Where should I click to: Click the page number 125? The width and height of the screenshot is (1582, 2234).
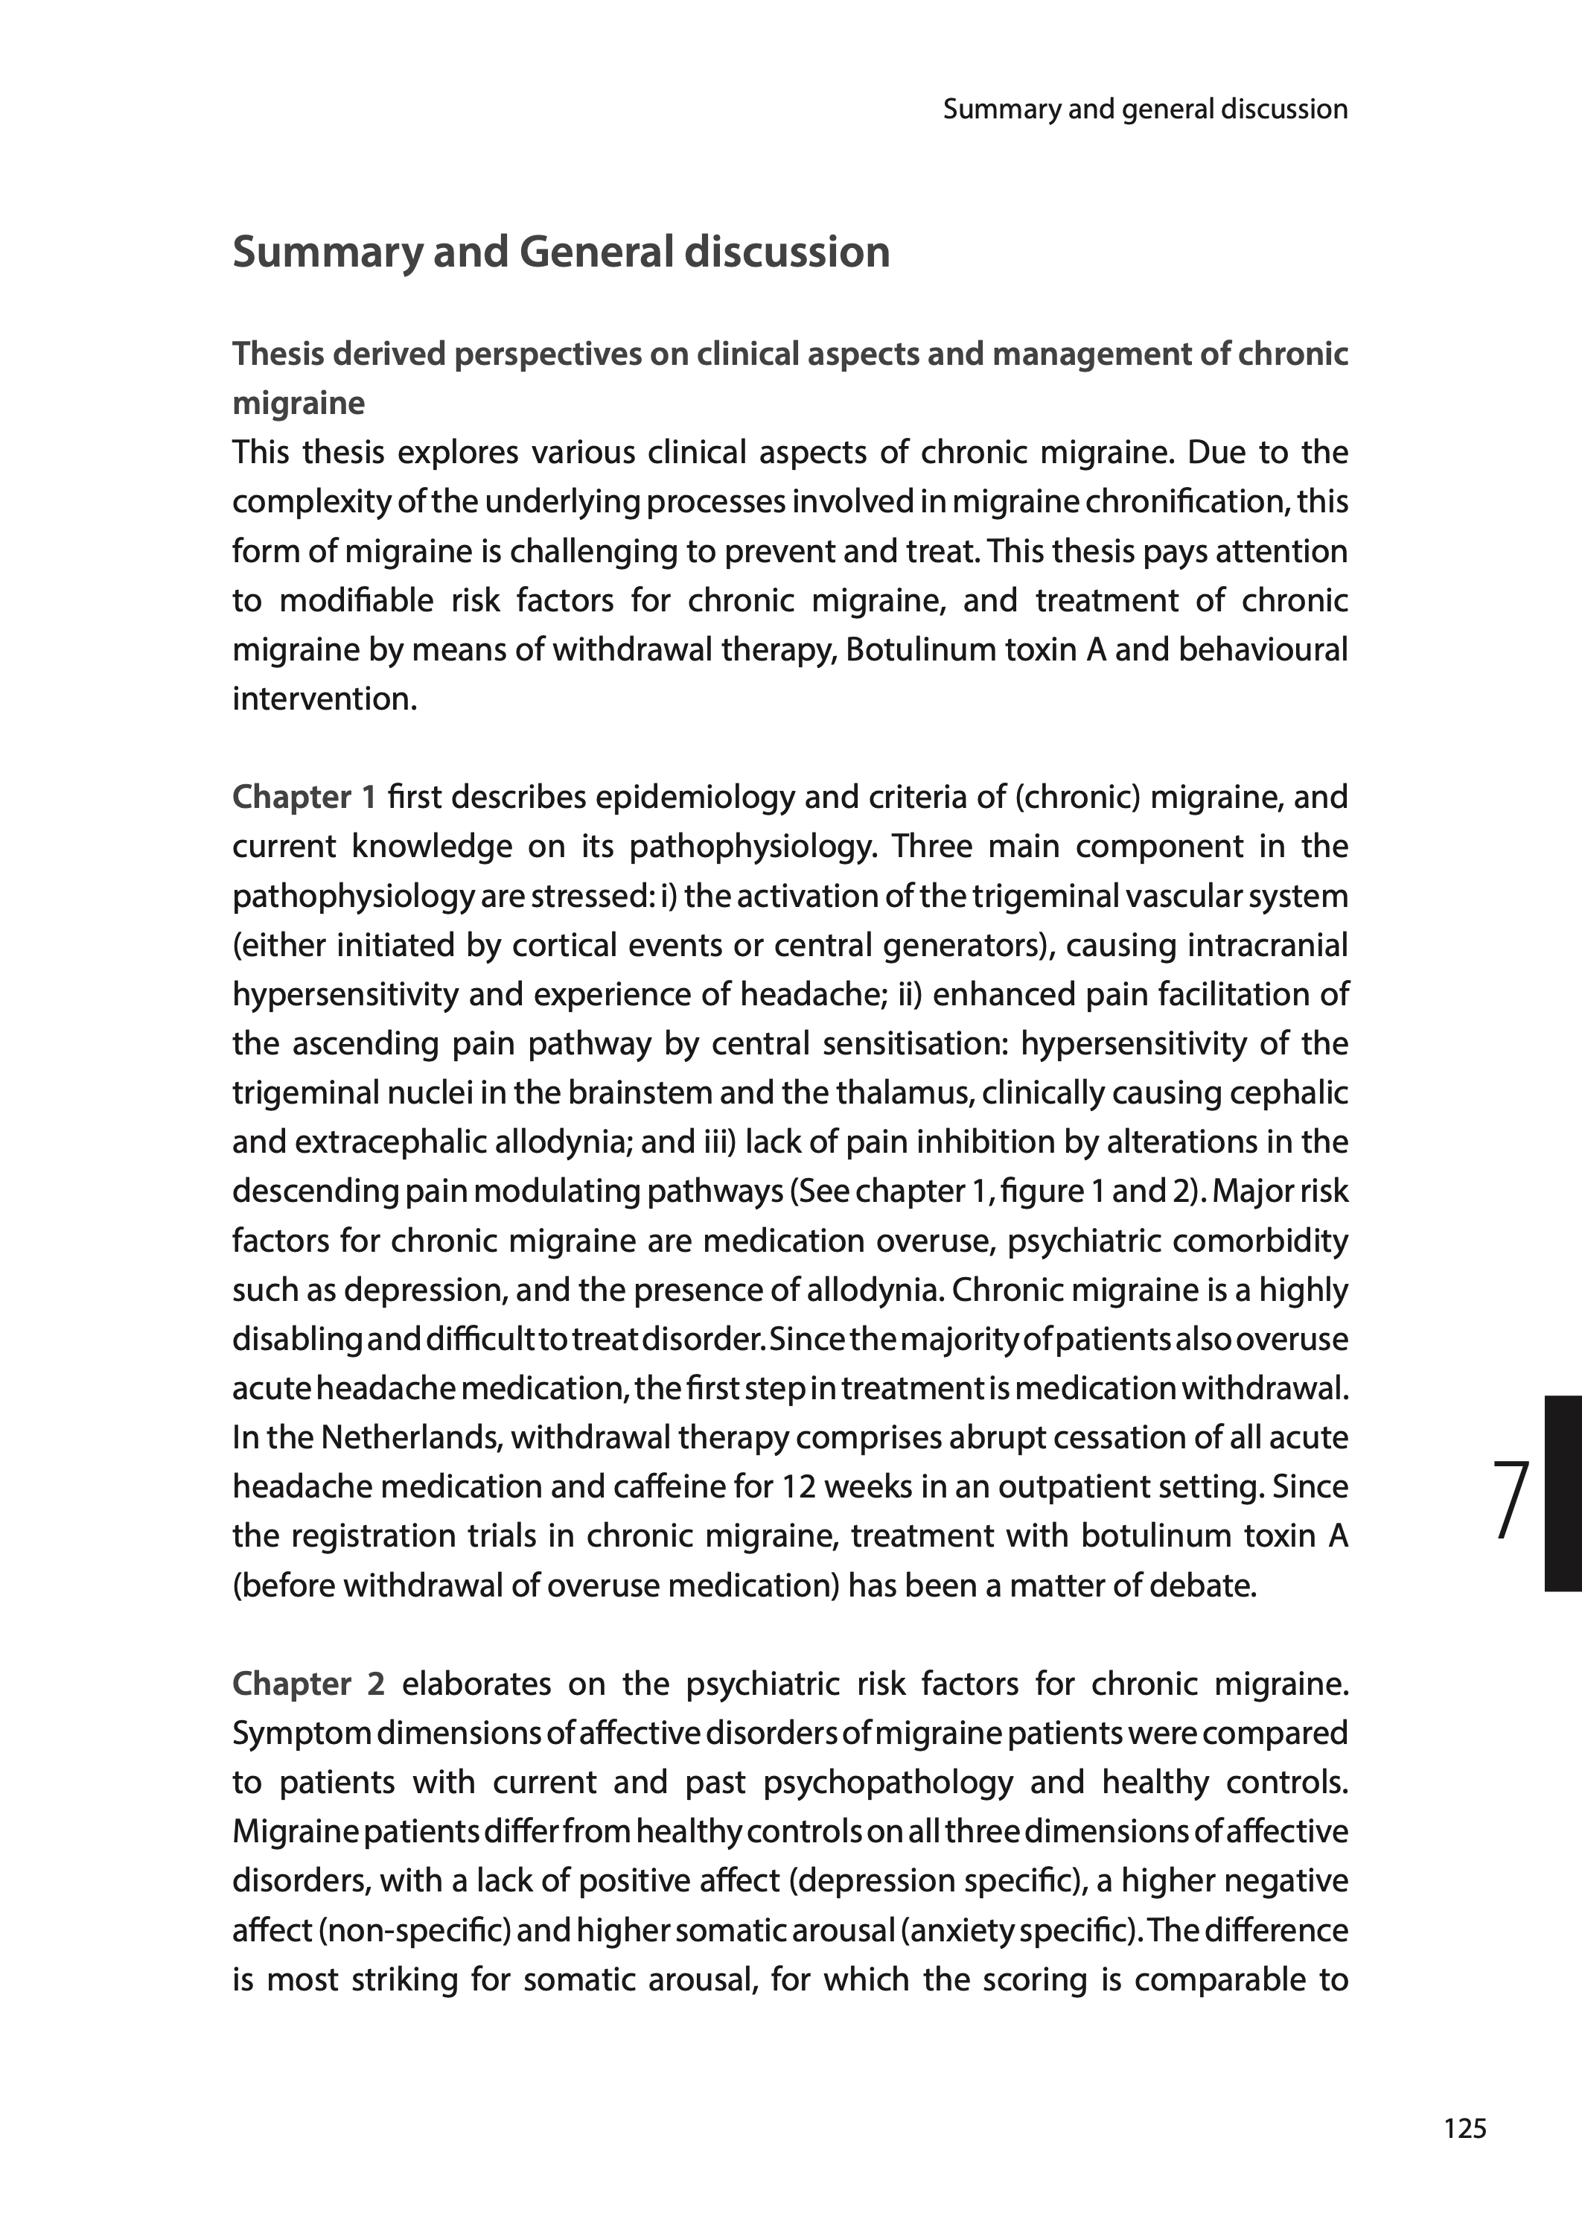click(1465, 2129)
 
